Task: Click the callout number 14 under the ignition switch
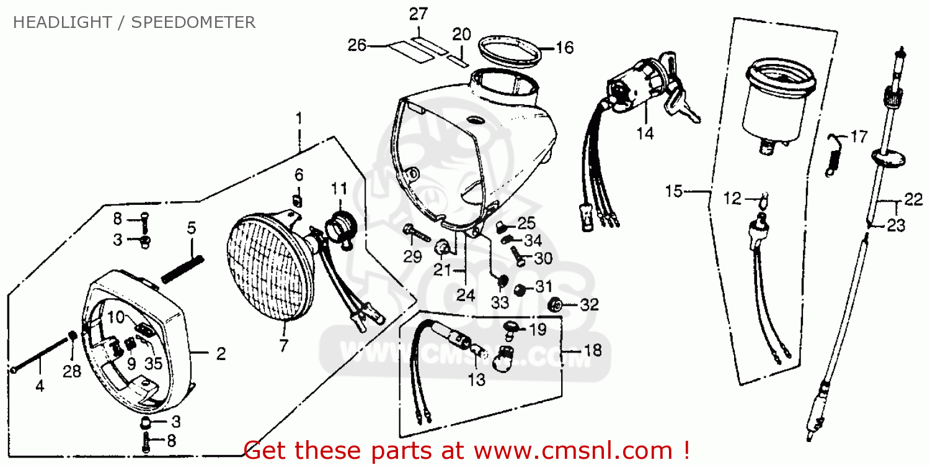click(x=645, y=134)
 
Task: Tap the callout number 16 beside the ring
click(x=565, y=48)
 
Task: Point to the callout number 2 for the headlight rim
click(x=221, y=354)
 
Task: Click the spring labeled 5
click(x=183, y=269)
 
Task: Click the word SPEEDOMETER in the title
click(x=193, y=22)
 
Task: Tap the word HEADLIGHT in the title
click(x=62, y=22)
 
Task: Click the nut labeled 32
click(x=555, y=305)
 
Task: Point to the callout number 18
click(x=593, y=350)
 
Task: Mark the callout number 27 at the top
click(x=418, y=14)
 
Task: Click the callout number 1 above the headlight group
click(x=299, y=119)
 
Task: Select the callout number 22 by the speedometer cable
click(x=913, y=200)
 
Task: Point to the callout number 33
click(x=500, y=302)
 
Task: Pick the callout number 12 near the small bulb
click(x=732, y=198)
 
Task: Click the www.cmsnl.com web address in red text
click(x=573, y=451)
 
